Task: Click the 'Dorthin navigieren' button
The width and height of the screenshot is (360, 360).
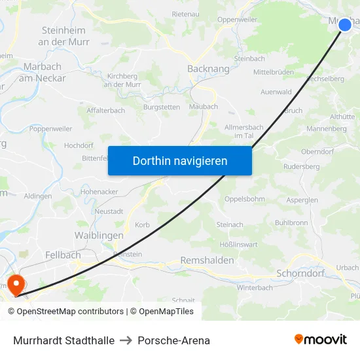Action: [x=179, y=160]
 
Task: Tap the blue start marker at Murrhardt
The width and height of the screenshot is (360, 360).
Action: [x=345, y=25]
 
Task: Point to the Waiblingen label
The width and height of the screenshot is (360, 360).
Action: [x=99, y=235]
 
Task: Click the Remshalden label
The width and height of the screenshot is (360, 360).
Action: [x=207, y=260]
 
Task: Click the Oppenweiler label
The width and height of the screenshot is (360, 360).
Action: [x=237, y=20]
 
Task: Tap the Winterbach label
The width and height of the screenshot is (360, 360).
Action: [x=254, y=287]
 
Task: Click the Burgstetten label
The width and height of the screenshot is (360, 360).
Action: [x=162, y=106]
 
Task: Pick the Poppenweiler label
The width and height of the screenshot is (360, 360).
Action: [x=50, y=129]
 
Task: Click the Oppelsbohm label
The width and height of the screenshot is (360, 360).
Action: [x=244, y=198]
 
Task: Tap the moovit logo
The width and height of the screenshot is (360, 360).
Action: [x=320, y=340]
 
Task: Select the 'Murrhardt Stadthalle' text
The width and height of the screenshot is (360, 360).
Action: [x=63, y=340]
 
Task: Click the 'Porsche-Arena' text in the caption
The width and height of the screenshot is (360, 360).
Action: [x=173, y=340]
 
